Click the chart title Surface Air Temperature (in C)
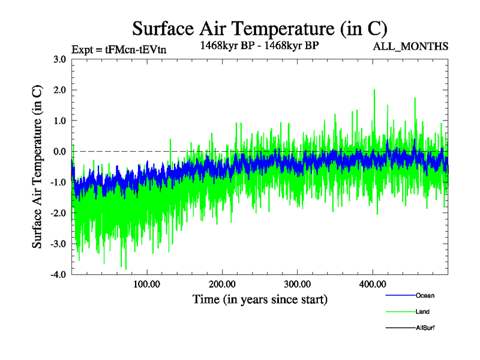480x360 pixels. (259, 28)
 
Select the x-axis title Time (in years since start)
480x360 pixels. (260, 298)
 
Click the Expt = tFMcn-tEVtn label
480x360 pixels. (118, 50)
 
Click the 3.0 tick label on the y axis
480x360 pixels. (59, 59)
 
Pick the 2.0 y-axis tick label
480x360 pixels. (59, 90)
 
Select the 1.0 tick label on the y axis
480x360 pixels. (59, 121)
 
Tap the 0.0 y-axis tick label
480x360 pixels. (59, 151)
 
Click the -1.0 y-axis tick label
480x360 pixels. (58, 182)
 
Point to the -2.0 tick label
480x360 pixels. (58, 213)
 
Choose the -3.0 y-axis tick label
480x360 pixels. (58, 244)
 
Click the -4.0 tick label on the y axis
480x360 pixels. (58, 275)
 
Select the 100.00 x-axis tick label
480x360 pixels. (146, 284)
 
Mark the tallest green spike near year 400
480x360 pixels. (374, 91)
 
